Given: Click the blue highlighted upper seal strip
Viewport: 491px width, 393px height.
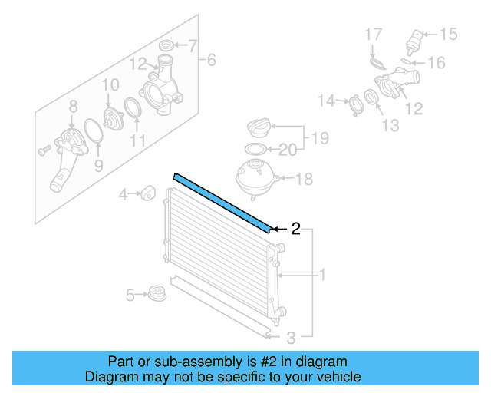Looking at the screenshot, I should pyautogui.click(x=222, y=202).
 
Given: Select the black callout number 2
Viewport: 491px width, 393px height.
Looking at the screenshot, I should pyautogui.click(x=295, y=228).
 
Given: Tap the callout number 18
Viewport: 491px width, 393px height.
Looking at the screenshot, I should pyautogui.click(x=305, y=180).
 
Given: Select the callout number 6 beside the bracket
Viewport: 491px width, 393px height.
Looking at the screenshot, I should pyautogui.click(x=212, y=60).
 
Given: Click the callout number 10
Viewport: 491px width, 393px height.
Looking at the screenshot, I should pyautogui.click(x=110, y=84).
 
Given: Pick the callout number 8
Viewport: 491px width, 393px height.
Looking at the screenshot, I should pyautogui.click(x=74, y=107).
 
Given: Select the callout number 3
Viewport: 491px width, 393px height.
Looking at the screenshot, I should pyautogui.click(x=291, y=336).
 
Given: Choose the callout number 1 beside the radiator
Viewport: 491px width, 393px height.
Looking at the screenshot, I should pyautogui.click(x=322, y=274).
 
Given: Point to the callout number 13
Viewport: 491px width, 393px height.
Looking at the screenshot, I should pyautogui.click(x=390, y=125).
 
